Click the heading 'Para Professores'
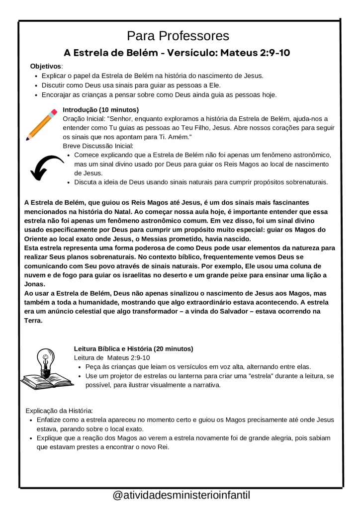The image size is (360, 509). (x=178, y=36)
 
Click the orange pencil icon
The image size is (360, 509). (x=41, y=124)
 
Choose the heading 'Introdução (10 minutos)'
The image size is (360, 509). (x=100, y=109)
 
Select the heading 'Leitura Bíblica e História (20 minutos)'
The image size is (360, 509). (x=134, y=348)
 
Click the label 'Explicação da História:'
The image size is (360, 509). (x=59, y=411)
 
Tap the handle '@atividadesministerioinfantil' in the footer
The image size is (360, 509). (x=181, y=495)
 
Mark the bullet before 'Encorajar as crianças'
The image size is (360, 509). (x=37, y=95)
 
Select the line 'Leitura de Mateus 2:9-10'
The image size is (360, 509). (x=112, y=357)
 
